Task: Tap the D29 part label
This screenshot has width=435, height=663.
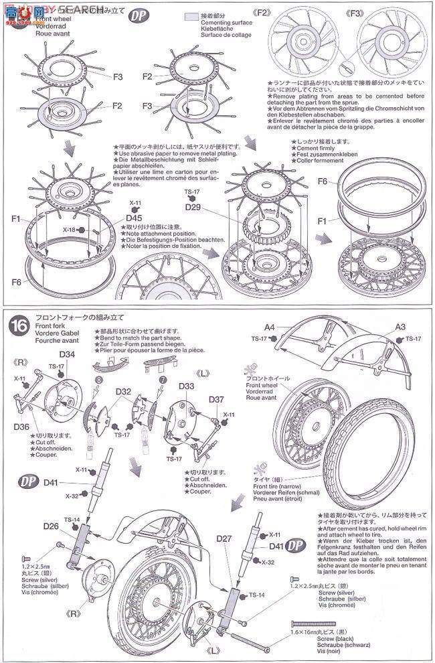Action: coord(193,208)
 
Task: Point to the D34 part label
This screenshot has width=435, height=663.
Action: coord(67,354)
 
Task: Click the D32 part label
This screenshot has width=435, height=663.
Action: coord(123,391)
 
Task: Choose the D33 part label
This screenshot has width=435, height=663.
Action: coord(187,386)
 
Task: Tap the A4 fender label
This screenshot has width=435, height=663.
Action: coord(270,327)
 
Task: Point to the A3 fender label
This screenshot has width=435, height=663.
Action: coord(400,327)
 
